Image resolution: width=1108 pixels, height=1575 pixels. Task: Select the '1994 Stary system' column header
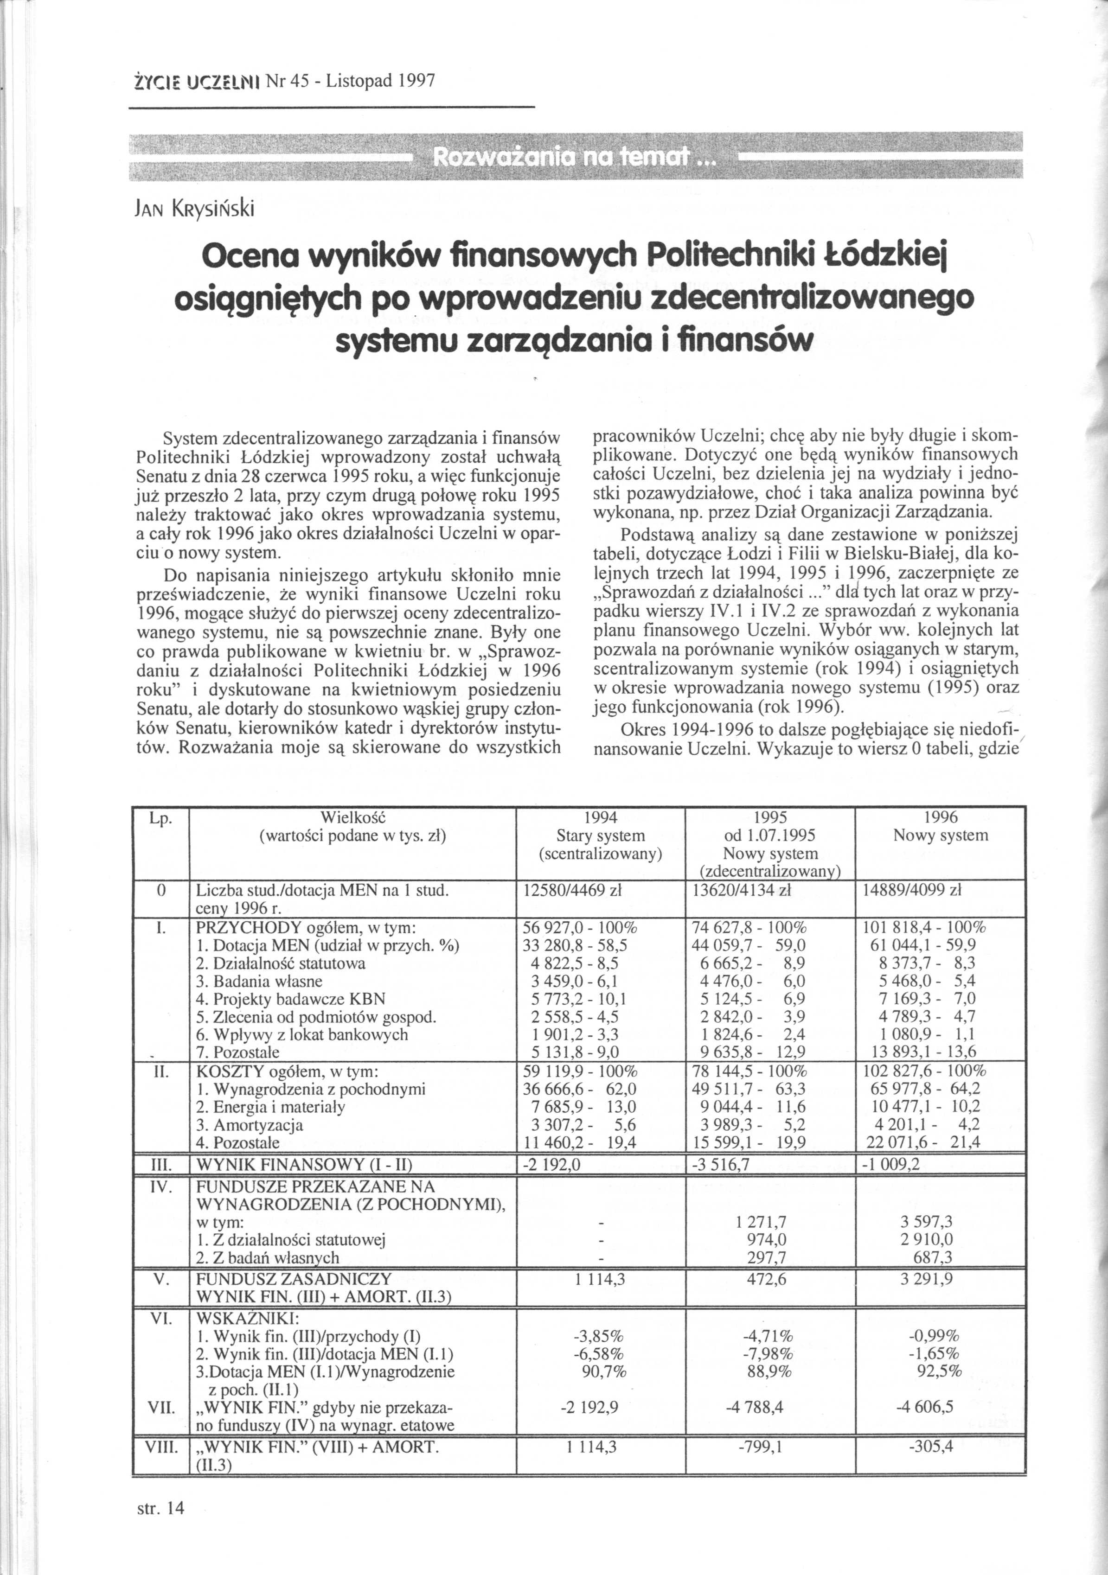point(600,835)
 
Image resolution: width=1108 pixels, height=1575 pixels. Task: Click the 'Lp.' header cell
point(160,818)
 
